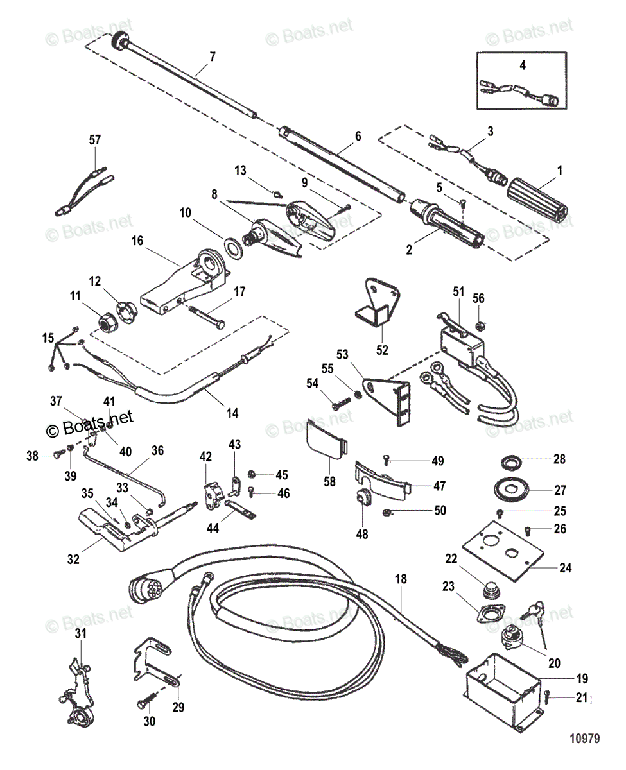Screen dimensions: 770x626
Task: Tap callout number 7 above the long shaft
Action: (212, 56)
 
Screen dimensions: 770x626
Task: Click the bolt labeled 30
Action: (145, 702)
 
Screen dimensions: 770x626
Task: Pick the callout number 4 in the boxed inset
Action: (522, 64)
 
